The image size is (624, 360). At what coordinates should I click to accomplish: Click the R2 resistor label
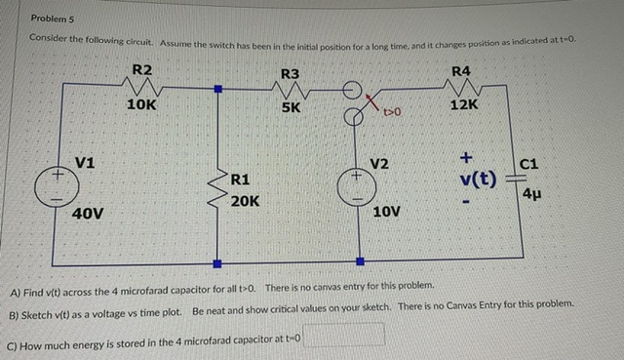coord(142,69)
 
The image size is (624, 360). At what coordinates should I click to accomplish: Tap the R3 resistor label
coord(291,74)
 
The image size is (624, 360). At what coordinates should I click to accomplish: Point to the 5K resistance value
coord(291,108)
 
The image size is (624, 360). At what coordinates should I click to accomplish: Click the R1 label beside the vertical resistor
coord(242,180)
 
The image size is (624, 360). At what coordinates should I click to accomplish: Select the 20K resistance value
coord(245,201)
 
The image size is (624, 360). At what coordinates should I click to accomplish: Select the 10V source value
coord(387,211)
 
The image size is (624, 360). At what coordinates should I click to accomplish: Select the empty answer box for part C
coord(349,336)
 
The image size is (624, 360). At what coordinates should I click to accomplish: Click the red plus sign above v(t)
coord(466,156)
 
